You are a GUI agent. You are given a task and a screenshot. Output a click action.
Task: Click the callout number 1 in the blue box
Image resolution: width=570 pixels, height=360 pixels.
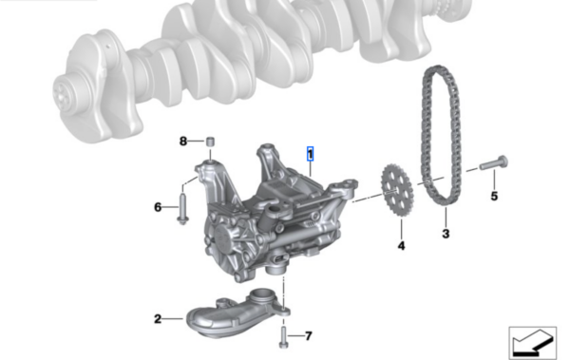click(310, 154)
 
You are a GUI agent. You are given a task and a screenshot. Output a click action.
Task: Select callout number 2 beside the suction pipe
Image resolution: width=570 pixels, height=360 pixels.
click(158, 319)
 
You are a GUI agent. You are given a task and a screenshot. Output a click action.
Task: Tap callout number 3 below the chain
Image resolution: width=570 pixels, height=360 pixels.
click(446, 234)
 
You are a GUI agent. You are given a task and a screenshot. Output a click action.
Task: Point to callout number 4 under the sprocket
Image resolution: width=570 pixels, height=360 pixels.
click(401, 246)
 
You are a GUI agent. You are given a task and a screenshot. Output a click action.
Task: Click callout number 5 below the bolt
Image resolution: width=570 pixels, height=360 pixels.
click(494, 197)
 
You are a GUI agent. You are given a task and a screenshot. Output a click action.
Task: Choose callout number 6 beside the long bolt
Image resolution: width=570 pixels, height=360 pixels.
click(158, 207)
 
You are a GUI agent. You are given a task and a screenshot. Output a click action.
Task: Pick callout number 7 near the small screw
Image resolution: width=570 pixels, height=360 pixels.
click(308, 335)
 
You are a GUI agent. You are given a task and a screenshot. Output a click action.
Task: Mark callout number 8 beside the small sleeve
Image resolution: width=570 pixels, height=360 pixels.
click(183, 142)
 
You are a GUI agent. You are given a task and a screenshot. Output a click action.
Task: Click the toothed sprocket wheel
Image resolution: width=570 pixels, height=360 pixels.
click(397, 189)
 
